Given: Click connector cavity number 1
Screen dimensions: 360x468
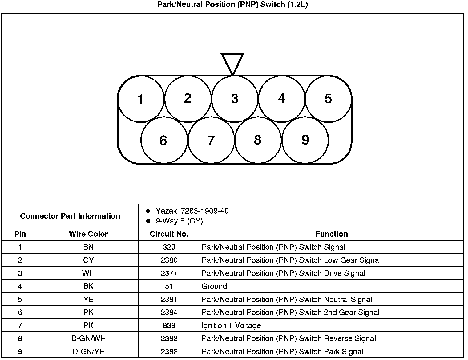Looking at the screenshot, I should click(141, 99).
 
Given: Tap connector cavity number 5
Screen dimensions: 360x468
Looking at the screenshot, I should click(328, 99).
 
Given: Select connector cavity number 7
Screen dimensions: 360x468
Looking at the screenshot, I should click(211, 141).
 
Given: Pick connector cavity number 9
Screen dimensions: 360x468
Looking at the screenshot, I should click(305, 140).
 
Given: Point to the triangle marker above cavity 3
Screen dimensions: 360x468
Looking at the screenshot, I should click(232, 63).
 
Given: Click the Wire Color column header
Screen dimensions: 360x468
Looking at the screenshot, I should click(88, 234).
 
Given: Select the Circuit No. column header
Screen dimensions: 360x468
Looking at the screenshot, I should click(169, 234).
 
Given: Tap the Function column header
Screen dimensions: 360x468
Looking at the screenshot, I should click(331, 234).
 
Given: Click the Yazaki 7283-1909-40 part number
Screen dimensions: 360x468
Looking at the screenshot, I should click(192, 211).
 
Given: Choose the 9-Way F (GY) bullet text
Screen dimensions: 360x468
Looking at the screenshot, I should click(179, 221).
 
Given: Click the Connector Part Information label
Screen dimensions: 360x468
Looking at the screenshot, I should click(70, 216).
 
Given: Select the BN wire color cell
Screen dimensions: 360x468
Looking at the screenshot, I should click(88, 247).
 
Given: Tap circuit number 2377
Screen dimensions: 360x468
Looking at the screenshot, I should click(169, 273).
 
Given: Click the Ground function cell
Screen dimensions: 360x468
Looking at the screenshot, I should click(214, 286).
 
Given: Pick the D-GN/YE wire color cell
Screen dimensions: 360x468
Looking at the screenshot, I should click(88, 352).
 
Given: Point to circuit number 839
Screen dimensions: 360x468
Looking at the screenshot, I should click(169, 325).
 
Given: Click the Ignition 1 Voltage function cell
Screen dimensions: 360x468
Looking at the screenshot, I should click(231, 325).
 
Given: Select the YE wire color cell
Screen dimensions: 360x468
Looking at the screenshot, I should click(88, 299).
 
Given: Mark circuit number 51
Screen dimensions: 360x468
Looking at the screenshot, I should click(169, 286).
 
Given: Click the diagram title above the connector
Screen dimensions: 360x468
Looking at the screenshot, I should click(232, 5).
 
